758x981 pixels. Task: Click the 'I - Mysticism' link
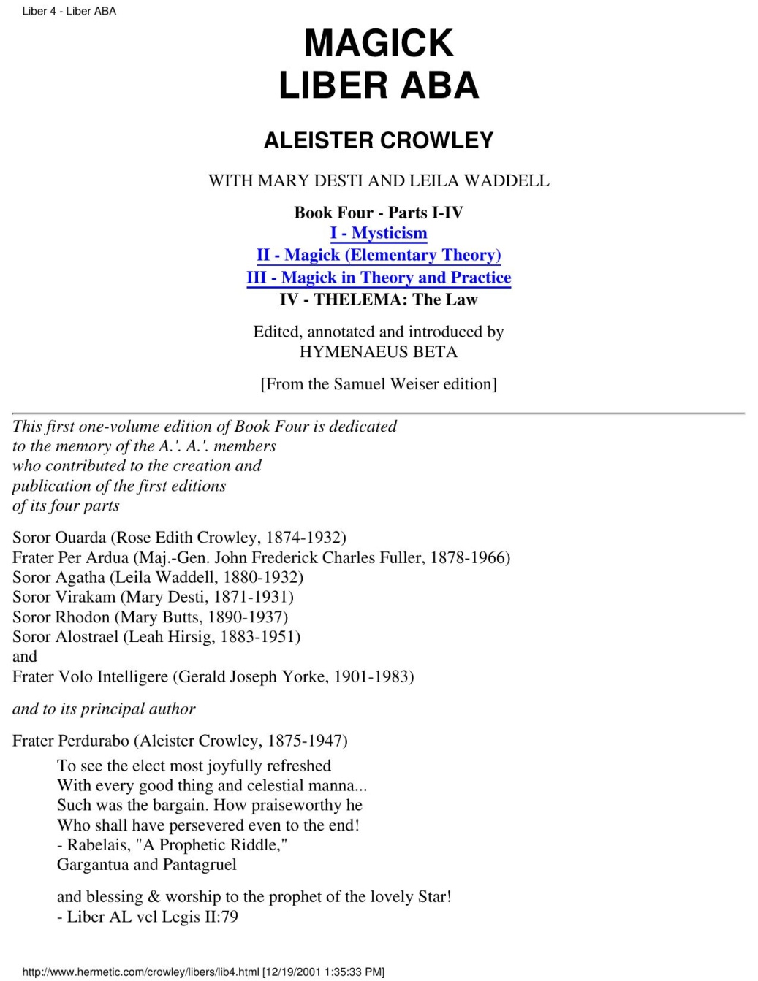pos(379,233)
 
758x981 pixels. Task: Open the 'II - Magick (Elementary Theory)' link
pos(379,255)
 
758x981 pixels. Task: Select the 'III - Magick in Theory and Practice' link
pos(379,278)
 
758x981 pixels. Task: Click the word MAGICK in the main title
pos(379,42)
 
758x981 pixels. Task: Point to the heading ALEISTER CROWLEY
pos(379,140)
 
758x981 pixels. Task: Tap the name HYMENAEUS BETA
pos(379,352)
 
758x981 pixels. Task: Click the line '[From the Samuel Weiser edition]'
pos(379,384)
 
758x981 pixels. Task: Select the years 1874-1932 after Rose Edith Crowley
pos(306,538)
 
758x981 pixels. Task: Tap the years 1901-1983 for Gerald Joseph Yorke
pos(372,677)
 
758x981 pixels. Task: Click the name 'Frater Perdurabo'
pos(70,741)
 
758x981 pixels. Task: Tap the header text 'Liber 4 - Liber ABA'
pos(69,11)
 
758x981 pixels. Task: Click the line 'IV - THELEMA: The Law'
pos(379,299)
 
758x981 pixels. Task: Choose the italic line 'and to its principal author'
pos(104,709)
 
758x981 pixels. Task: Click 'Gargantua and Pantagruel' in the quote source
pos(147,865)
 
